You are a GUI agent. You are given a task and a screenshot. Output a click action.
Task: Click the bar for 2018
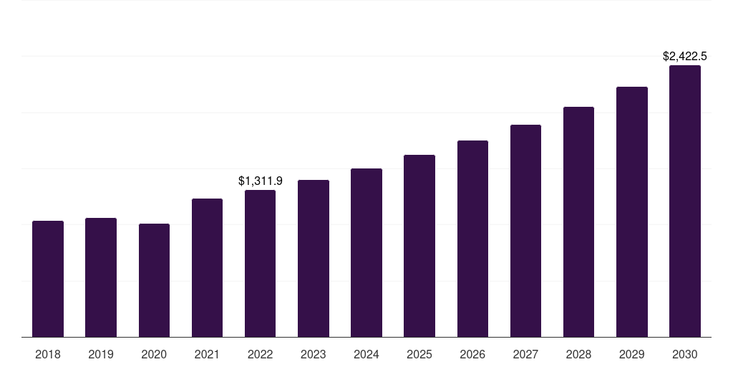point(48,279)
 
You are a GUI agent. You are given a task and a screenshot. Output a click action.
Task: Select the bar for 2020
point(154,280)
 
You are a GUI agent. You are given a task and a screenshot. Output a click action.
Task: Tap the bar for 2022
point(260,263)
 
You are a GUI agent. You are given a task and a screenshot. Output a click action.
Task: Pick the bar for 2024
point(366,252)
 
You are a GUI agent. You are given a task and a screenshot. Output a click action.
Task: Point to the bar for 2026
point(472,239)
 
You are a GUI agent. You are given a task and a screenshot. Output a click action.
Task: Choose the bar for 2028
point(578,221)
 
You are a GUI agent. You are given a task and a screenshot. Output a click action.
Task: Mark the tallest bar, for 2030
point(684,201)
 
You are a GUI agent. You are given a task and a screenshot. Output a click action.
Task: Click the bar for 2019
point(101,277)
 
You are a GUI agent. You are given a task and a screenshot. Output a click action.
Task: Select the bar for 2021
point(207,267)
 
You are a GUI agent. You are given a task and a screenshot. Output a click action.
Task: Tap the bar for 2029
point(631,211)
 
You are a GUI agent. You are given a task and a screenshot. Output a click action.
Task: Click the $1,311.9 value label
point(260,181)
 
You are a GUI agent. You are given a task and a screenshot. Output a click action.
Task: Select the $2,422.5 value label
point(684,56)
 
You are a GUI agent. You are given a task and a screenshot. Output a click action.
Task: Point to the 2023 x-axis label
point(314,354)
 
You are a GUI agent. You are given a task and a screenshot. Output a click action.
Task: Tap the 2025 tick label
point(419,354)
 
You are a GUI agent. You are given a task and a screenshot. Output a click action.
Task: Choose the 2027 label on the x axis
point(525,354)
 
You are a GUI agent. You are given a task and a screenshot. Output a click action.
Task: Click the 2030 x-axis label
point(684,354)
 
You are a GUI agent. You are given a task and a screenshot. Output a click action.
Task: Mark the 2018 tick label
point(48,354)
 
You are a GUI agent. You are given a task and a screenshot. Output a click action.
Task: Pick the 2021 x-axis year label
point(207,354)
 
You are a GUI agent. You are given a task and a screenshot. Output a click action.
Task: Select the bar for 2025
point(419,246)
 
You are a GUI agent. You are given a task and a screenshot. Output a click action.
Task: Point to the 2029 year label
point(631,354)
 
